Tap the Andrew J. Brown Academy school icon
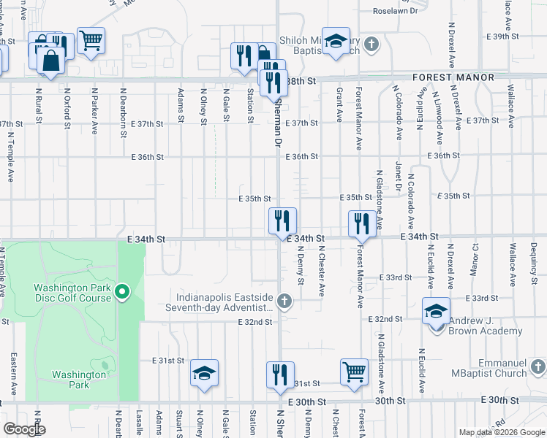pyautogui.click(x=436, y=312)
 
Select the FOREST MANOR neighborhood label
pyautogui.click(x=453, y=77)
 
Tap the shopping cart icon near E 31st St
pyautogui.click(x=355, y=372)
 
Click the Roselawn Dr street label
pyautogui.click(x=395, y=11)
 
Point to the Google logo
pyautogui.click(x=24, y=429)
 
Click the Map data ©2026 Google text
pyautogui.click(x=501, y=432)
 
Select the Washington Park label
pyautogui.click(x=78, y=380)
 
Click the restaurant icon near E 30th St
pyautogui.click(x=280, y=375)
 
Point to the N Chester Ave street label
pyautogui.click(x=321, y=269)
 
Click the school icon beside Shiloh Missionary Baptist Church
pyautogui.click(x=336, y=45)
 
